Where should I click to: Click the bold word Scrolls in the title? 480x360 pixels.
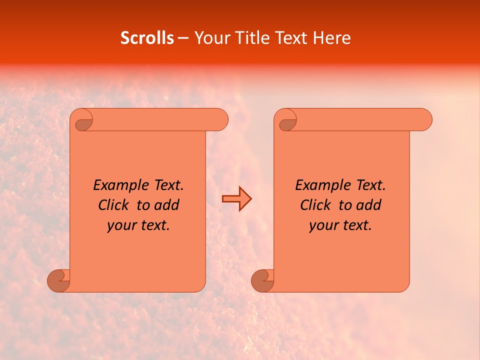coord(147,38)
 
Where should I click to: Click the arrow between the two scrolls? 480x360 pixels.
coord(236,199)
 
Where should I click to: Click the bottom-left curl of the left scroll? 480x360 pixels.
coord(58,280)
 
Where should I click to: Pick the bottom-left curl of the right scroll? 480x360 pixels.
coord(262,280)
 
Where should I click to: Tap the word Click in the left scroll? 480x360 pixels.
coord(113,205)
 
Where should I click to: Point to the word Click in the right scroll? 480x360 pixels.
coord(315,205)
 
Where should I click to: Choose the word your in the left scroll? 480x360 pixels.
coord(121,225)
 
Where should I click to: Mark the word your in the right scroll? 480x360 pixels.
coord(323,225)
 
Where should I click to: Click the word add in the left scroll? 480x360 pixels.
coord(166,205)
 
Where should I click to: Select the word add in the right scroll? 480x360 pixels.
coord(368,205)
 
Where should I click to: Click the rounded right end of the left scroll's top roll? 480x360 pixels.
coord(220,119)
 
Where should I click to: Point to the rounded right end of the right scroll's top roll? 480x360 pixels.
coord(424,119)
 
